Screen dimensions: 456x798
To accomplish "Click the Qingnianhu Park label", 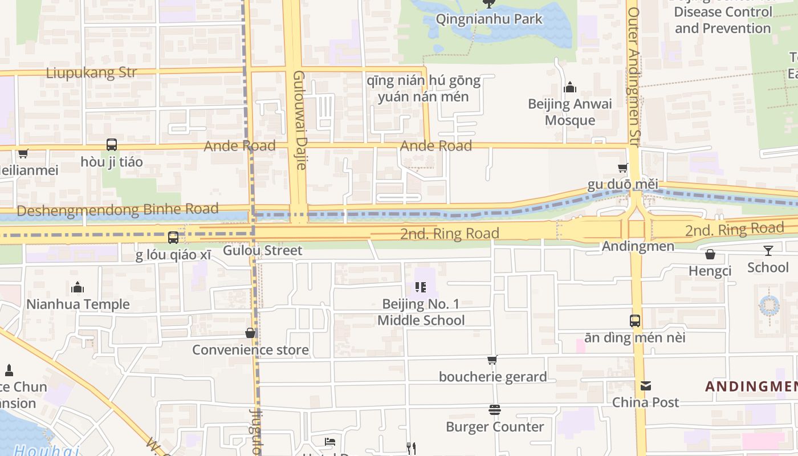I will [489, 19].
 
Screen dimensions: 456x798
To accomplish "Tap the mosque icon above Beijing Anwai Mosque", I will [569, 88].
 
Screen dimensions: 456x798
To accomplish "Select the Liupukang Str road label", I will [91, 72].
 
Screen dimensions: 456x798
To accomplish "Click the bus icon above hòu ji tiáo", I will [112, 145].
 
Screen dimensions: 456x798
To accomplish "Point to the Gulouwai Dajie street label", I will [300, 120].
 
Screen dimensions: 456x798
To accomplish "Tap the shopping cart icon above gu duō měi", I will [623, 168].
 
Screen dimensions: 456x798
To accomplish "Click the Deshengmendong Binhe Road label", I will [117, 210].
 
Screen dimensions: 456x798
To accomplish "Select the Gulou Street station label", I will [262, 250].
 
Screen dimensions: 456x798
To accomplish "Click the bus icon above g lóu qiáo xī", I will [173, 237].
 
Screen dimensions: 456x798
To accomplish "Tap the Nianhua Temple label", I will [78, 304].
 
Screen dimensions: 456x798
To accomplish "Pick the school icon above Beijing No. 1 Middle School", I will [421, 287].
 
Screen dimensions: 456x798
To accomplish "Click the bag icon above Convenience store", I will [250, 333].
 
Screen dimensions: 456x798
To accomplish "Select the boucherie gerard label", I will [492, 376].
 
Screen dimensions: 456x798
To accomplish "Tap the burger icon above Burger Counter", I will [495, 410].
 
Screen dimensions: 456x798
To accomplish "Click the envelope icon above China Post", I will [645, 386].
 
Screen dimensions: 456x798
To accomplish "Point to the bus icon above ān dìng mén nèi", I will [635, 320].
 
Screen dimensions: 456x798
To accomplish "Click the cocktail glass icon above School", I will [768, 250].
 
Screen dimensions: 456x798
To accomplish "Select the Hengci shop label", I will [710, 271].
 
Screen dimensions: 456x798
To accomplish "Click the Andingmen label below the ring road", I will [638, 246].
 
